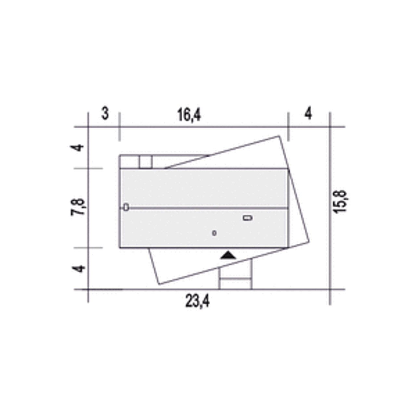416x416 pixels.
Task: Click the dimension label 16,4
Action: (189, 115)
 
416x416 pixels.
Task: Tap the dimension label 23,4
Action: (197, 301)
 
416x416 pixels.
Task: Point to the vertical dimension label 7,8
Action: (78, 207)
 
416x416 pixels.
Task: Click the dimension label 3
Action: (105, 113)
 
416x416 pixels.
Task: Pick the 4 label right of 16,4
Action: (308, 113)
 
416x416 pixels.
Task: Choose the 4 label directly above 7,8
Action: (77, 148)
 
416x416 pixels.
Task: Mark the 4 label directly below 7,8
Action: (79, 269)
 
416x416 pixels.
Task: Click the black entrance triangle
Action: (228, 255)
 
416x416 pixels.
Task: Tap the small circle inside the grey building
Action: (214, 233)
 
